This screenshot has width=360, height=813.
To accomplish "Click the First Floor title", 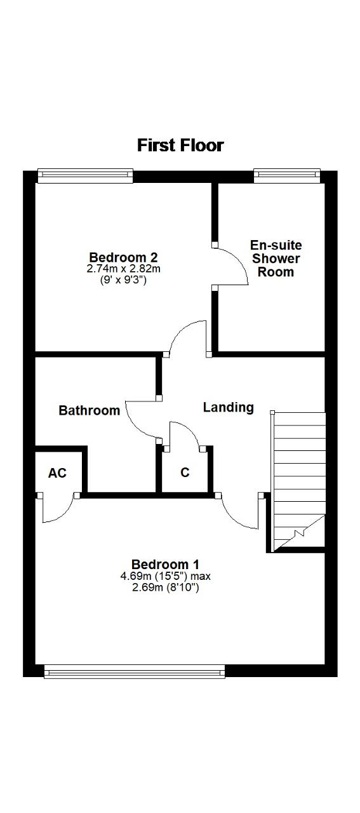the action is point(180,145).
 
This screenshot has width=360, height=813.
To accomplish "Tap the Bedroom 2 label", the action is point(123,257).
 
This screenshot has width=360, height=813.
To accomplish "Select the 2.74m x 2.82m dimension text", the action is point(123,269).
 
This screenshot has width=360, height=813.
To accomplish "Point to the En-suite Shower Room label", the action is point(276,259).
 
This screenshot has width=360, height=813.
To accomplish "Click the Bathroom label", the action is point(90,410).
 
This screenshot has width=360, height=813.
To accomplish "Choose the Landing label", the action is point(229,408).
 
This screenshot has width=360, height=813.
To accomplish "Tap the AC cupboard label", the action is point(57,473).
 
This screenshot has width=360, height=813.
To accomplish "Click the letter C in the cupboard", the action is point(185,472).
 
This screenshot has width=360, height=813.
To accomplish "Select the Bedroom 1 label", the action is point(165,565).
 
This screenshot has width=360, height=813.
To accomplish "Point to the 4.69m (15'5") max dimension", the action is point(166,576).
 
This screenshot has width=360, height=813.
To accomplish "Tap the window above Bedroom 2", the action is point(85,176).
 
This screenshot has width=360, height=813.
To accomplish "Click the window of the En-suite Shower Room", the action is point(287,176).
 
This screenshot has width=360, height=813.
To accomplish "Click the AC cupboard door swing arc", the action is point(63,516).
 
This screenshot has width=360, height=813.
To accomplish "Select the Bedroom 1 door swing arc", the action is point(232,517).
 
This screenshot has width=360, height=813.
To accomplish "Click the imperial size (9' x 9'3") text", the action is point(123,281).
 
